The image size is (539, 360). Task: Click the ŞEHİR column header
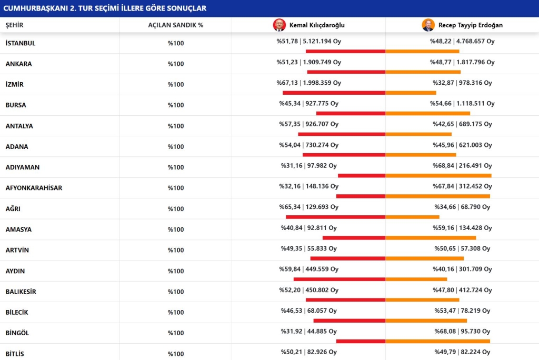pyautogui.click(x=14, y=25)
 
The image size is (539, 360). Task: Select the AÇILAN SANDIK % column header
pyautogui.click(x=176, y=25)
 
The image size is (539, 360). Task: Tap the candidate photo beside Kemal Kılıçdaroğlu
pyautogui.click(x=279, y=25)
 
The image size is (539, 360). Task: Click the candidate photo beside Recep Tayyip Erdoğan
pyautogui.click(x=428, y=25)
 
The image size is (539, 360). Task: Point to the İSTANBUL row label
pyautogui.click(x=21, y=43)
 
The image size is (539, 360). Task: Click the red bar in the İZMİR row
pyautogui.click(x=334, y=93)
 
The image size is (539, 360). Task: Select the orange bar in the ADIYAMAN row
pyautogui.click(x=438, y=176)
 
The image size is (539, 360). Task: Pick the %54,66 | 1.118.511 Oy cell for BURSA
pyautogui.click(x=462, y=104)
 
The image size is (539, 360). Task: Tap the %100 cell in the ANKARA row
pyautogui.click(x=176, y=64)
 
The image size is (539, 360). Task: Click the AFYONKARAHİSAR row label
pyautogui.click(x=34, y=188)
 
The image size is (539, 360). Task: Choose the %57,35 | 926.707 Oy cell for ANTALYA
pyautogui.click(x=308, y=124)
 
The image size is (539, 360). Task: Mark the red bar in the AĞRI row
pyautogui.click(x=335, y=217)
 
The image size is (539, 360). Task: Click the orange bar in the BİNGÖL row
pyautogui.click(x=437, y=342)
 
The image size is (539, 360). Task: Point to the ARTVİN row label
pyautogui.click(x=17, y=251)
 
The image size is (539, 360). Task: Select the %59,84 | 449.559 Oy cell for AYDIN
pyautogui.click(x=308, y=269)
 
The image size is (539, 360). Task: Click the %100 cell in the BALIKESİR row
pyautogui.click(x=176, y=292)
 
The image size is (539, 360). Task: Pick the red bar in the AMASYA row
pyautogui.click(x=354, y=238)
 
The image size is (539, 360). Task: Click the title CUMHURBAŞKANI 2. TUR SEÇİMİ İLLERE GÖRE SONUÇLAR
pyautogui.click(x=105, y=8)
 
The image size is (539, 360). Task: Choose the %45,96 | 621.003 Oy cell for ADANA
pyautogui.click(x=462, y=145)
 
